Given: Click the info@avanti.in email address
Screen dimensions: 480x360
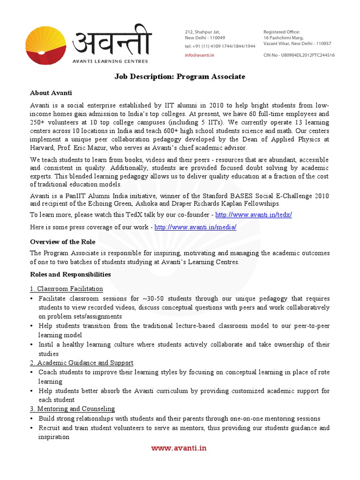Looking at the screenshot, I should [x=200, y=55].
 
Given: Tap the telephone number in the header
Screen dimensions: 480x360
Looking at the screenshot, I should [x=220, y=46].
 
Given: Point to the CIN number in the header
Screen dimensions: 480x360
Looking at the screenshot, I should [x=299, y=55].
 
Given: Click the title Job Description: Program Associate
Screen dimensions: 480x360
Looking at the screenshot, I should [x=180, y=76].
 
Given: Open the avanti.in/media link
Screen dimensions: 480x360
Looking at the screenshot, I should [x=195, y=227].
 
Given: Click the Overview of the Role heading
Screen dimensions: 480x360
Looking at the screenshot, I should [x=63, y=242].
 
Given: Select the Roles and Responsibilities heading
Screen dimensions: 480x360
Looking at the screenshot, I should [x=70, y=274].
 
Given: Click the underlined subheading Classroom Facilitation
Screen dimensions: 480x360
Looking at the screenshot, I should [x=67, y=289].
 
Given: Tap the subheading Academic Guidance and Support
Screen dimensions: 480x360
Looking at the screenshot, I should [x=82, y=363].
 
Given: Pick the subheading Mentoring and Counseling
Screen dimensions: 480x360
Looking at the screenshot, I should [x=72, y=409].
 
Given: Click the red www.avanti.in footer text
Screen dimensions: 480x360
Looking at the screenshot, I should [x=179, y=448].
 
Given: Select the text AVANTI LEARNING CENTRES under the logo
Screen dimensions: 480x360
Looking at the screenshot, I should [x=110, y=61].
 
